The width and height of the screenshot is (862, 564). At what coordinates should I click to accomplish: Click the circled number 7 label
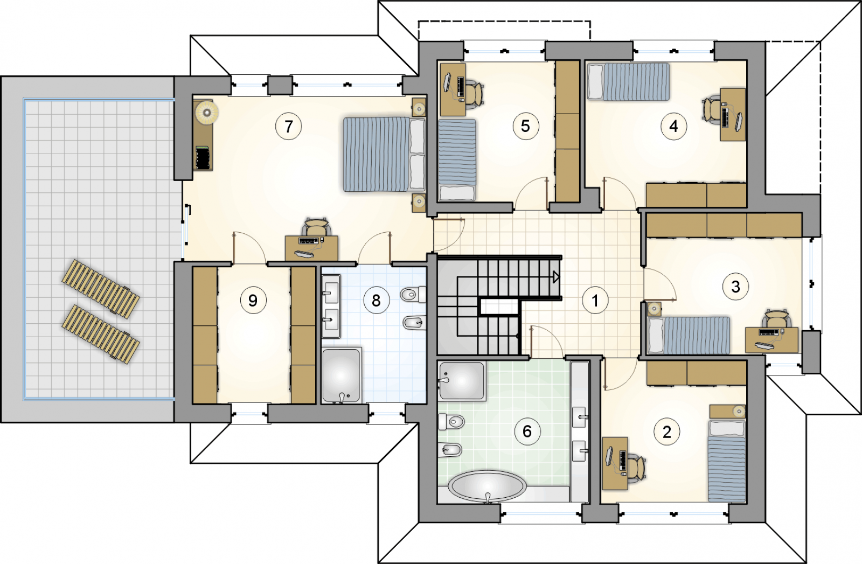coord(289,126)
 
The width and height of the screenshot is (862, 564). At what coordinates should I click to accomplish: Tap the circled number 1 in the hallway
coord(595,300)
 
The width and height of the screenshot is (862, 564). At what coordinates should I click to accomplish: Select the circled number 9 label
coord(253,300)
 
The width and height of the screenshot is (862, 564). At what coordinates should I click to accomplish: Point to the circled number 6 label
coord(527,431)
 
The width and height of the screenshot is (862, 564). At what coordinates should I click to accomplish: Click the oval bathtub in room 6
coord(488,486)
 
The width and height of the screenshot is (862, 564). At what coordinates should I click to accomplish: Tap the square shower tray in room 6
coord(462,380)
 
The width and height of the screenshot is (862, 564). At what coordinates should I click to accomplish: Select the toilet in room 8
coord(413,295)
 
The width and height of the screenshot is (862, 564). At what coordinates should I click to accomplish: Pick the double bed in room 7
coord(384,154)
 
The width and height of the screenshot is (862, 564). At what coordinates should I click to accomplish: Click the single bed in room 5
coord(457,159)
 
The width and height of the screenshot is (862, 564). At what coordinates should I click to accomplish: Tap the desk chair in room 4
coord(711,110)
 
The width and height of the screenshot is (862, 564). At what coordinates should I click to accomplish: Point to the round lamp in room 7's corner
coord(207,113)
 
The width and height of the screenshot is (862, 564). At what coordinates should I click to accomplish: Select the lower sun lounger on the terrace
coord(100,334)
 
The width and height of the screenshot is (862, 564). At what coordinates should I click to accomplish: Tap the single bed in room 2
coord(727,461)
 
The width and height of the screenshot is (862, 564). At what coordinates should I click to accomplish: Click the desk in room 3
coord(771,340)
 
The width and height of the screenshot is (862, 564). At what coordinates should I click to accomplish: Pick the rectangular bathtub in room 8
coord(342,375)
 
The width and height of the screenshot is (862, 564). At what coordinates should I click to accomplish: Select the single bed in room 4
coord(628,82)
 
